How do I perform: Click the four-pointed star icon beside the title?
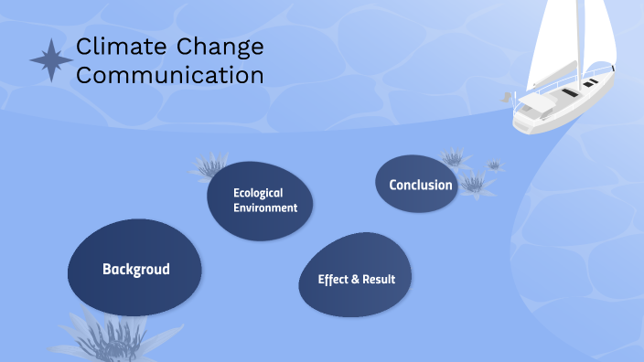51,60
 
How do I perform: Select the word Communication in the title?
169,75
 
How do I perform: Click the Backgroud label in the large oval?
136,269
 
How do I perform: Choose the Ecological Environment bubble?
260,201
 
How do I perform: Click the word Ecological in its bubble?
258,193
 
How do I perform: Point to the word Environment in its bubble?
265,208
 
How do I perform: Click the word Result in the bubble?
378,279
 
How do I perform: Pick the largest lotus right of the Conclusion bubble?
475,184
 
